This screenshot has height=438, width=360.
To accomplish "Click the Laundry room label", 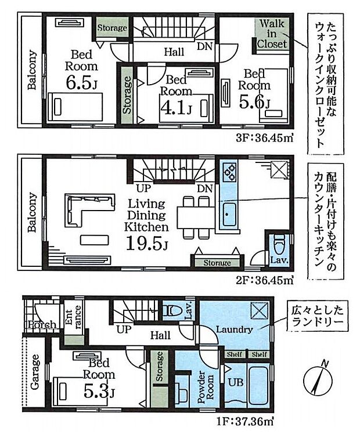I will [x=235, y=330].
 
